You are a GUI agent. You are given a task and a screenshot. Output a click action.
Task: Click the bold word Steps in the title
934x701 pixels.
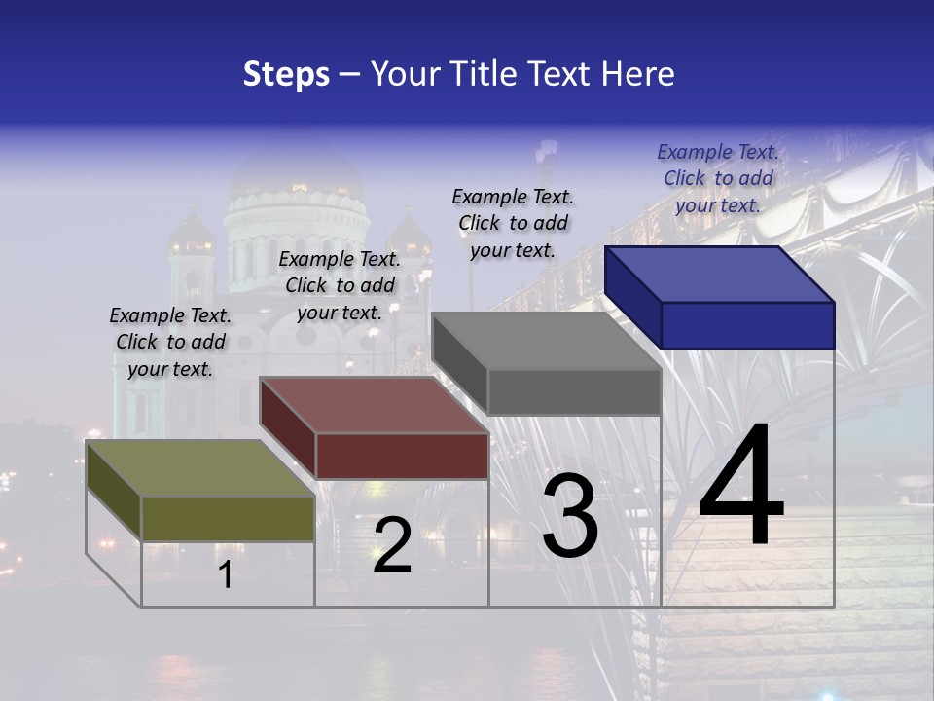tap(286, 74)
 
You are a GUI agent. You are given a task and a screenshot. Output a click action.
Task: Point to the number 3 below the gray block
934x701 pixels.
tap(570, 516)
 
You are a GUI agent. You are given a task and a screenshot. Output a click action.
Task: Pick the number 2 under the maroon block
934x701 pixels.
tap(392, 545)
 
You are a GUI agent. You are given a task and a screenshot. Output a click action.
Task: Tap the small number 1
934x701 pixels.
tap(226, 575)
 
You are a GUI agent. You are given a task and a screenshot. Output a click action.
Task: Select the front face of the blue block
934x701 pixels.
tap(747, 325)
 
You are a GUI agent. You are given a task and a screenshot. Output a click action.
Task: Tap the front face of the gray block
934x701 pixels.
tap(574, 392)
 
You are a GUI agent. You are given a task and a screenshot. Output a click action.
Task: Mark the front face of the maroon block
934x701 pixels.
tap(402, 456)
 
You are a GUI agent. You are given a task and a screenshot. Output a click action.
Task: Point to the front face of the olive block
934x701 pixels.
tap(228, 518)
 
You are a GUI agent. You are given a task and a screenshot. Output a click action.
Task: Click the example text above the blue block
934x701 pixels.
tap(718, 178)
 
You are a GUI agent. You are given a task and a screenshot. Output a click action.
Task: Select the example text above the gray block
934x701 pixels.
tap(513, 223)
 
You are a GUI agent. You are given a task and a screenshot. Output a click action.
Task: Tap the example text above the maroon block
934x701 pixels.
tap(340, 285)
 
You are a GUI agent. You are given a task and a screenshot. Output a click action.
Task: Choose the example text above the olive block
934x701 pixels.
tap(170, 342)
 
